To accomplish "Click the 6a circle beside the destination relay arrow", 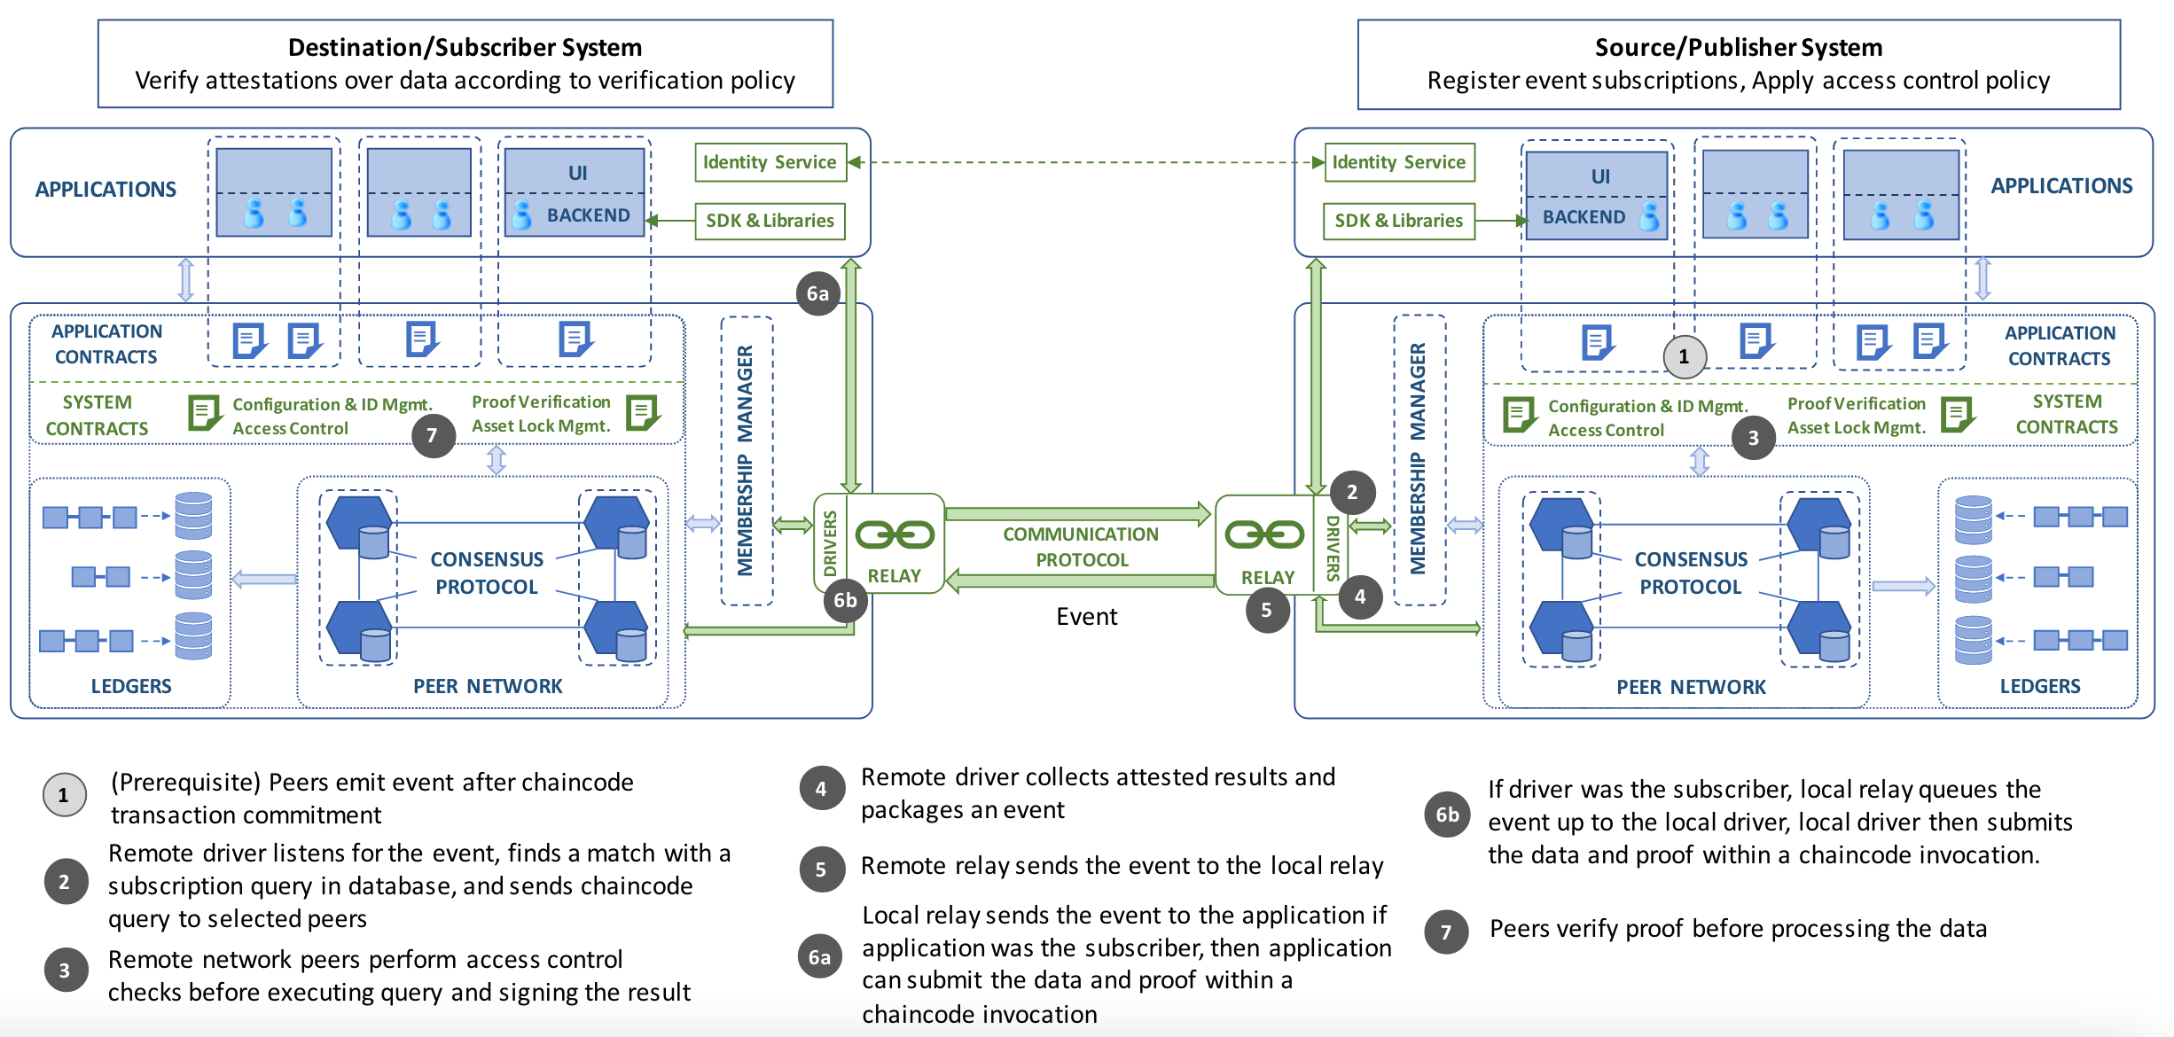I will tap(817, 293).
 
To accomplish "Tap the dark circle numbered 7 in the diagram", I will tap(433, 435).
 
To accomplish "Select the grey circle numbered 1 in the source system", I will tap(1684, 357).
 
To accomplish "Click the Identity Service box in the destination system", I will tap(770, 162).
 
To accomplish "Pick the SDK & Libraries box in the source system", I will tap(1398, 221).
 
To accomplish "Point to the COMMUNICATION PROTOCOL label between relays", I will tap(1081, 547).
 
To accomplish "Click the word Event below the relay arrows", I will tap(1086, 616).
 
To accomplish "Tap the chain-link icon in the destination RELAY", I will tap(894, 534).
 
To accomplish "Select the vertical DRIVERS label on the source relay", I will tap(1332, 548).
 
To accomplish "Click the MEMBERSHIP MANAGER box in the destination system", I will tap(746, 461).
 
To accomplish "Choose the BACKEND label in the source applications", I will tap(1584, 217).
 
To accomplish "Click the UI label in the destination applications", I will tap(577, 173).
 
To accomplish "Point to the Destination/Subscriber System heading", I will tap(465, 47).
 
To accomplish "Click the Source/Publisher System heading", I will tap(1738, 47).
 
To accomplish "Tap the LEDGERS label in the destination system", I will tap(131, 686).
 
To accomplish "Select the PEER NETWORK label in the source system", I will tap(1690, 687).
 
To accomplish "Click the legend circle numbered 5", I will tap(821, 869).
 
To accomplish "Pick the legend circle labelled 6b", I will tap(1447, 815).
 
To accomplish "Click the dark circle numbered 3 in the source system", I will tap(1753, 438).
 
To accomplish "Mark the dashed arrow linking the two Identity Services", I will tap(1086, 162).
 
